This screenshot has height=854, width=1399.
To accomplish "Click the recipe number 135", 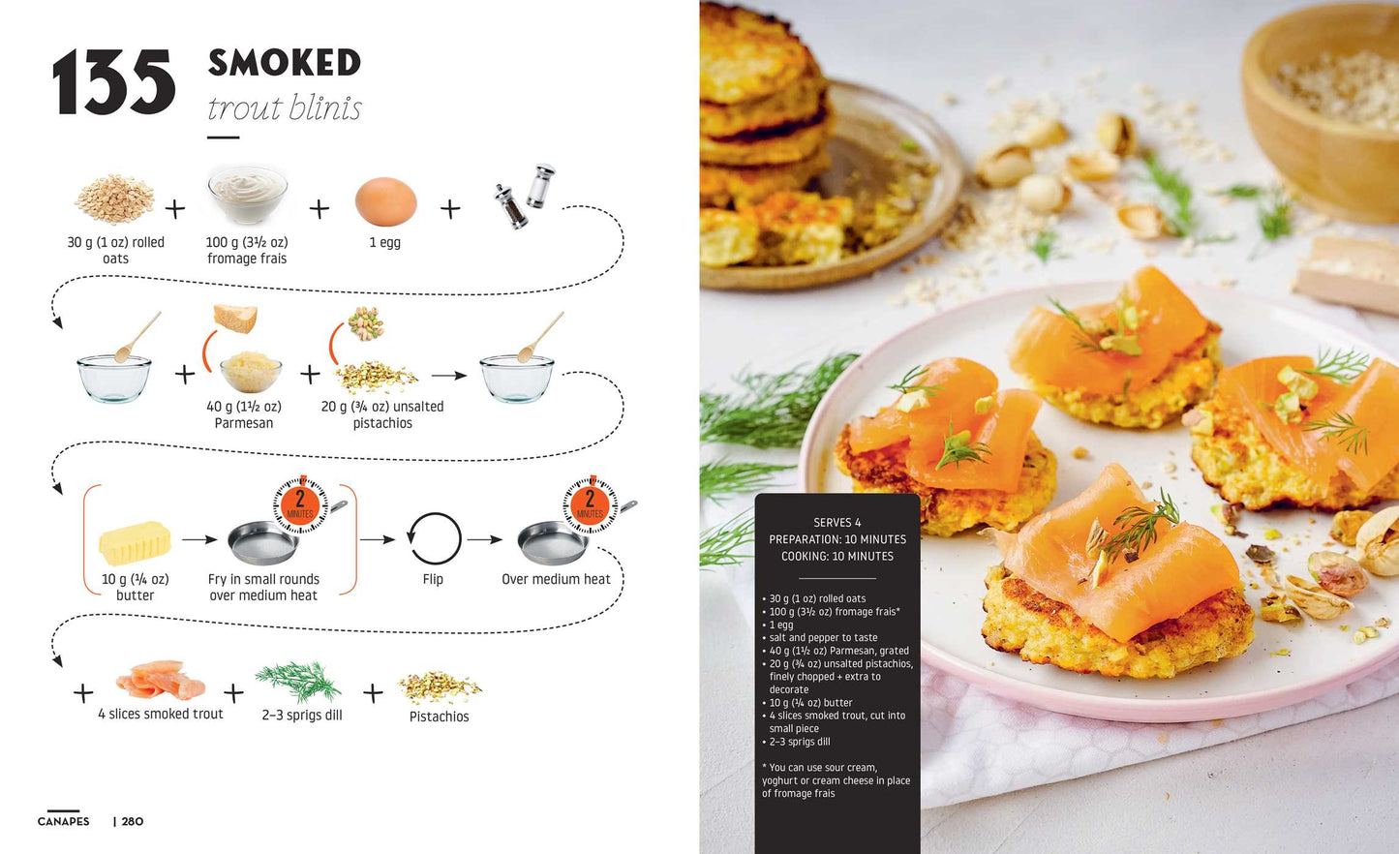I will pos(113,84).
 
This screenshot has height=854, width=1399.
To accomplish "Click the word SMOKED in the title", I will pos(284,63).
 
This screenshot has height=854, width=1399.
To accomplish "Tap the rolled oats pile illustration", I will pos(114,198).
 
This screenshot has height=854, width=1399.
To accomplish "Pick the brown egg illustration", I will pos(385,201).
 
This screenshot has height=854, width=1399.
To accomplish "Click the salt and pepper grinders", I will pos(526,196).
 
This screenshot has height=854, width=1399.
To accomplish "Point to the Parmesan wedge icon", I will pos(235,319).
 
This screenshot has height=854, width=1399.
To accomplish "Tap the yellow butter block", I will pos(135,543).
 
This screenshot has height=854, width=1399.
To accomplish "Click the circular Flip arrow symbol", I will pos(434,538).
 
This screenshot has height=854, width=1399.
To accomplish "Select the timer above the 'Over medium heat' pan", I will pos(590,503).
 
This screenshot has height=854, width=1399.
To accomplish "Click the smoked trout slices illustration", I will pos(161,681).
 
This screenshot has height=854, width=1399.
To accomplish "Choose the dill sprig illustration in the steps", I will pos(299,681).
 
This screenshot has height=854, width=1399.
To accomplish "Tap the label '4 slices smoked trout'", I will pos(161,715).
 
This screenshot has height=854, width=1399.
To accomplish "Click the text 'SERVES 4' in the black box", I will pos(836,523).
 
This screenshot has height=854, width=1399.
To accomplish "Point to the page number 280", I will pos(133,822).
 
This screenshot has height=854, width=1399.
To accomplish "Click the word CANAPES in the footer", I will pos(64,822).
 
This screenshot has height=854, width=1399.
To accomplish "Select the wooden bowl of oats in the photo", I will pos(1326,107).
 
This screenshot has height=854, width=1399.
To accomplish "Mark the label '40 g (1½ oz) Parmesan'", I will pos(244,414).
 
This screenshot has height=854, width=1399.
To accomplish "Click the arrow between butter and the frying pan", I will pos(199,539).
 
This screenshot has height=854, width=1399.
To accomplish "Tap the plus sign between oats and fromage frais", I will pos(175,208).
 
